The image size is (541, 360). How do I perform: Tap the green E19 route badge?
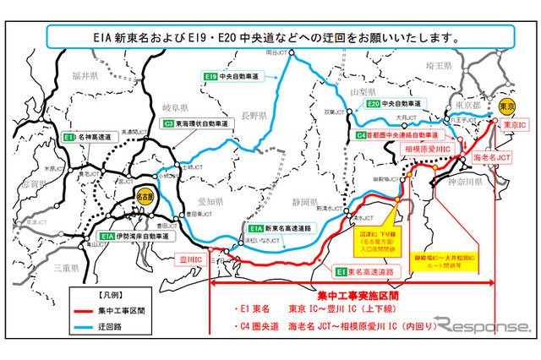point(211,77)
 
